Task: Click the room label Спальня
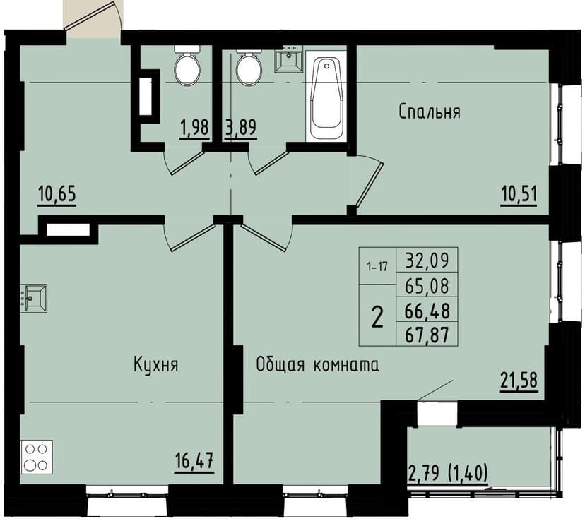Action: point(430,112)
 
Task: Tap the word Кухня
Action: point(155,365)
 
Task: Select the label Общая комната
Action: point(317,365)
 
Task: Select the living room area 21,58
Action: point(519,380)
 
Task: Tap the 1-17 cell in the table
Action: point(377,267)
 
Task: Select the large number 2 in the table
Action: point(377,317)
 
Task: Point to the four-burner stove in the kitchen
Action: point(35,456)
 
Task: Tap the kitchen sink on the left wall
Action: point(32,298)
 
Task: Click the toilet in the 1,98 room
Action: point(187,68)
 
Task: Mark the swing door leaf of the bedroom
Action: point(370,186)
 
